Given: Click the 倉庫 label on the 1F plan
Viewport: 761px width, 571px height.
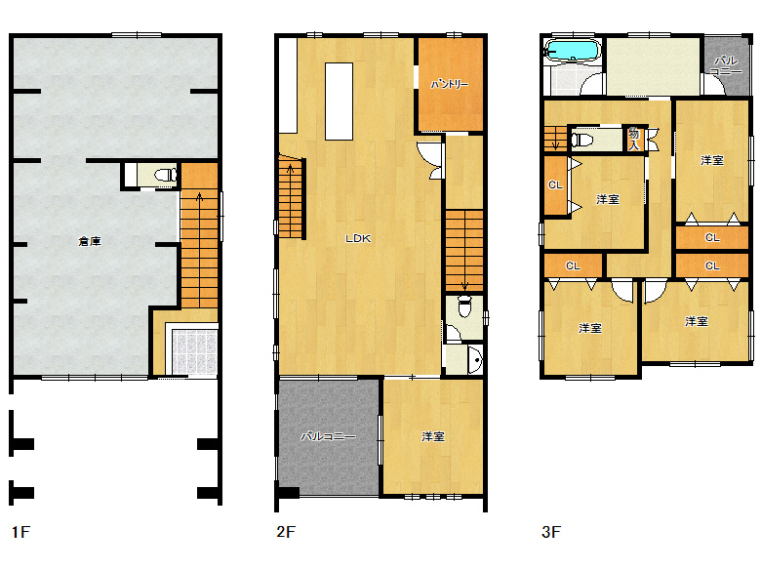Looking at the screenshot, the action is point(90,241).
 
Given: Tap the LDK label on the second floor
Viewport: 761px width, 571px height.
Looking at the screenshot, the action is point(358,238).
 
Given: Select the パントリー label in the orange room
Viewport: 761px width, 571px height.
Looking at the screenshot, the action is point(450,84).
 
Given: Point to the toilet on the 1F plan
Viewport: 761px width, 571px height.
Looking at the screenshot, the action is point(166,175).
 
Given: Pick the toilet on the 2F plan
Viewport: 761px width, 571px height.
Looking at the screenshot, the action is point(464,306).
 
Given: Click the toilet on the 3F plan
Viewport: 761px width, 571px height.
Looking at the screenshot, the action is point(582,140).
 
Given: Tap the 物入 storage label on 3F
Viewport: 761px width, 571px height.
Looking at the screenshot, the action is point(634,139).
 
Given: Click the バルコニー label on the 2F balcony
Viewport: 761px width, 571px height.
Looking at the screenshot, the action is point(329,436).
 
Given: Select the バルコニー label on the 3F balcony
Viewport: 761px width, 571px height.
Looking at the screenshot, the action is point(726,65).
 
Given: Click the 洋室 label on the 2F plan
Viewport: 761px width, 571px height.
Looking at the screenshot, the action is point(433,436).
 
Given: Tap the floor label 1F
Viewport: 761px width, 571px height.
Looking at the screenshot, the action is point(20,532).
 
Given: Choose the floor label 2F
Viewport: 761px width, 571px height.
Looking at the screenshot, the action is point(286,532).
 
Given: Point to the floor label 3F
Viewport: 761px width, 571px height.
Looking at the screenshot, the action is point(551,532).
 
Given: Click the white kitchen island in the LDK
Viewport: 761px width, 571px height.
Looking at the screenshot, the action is point(339,102).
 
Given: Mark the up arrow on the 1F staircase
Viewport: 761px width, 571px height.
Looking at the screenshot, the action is point(199,197).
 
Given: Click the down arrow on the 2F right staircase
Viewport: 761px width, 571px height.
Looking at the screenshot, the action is point(464,285).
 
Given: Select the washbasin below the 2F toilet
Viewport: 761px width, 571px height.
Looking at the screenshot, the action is point(476,360).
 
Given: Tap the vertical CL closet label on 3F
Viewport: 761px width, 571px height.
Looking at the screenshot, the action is point(555,185).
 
